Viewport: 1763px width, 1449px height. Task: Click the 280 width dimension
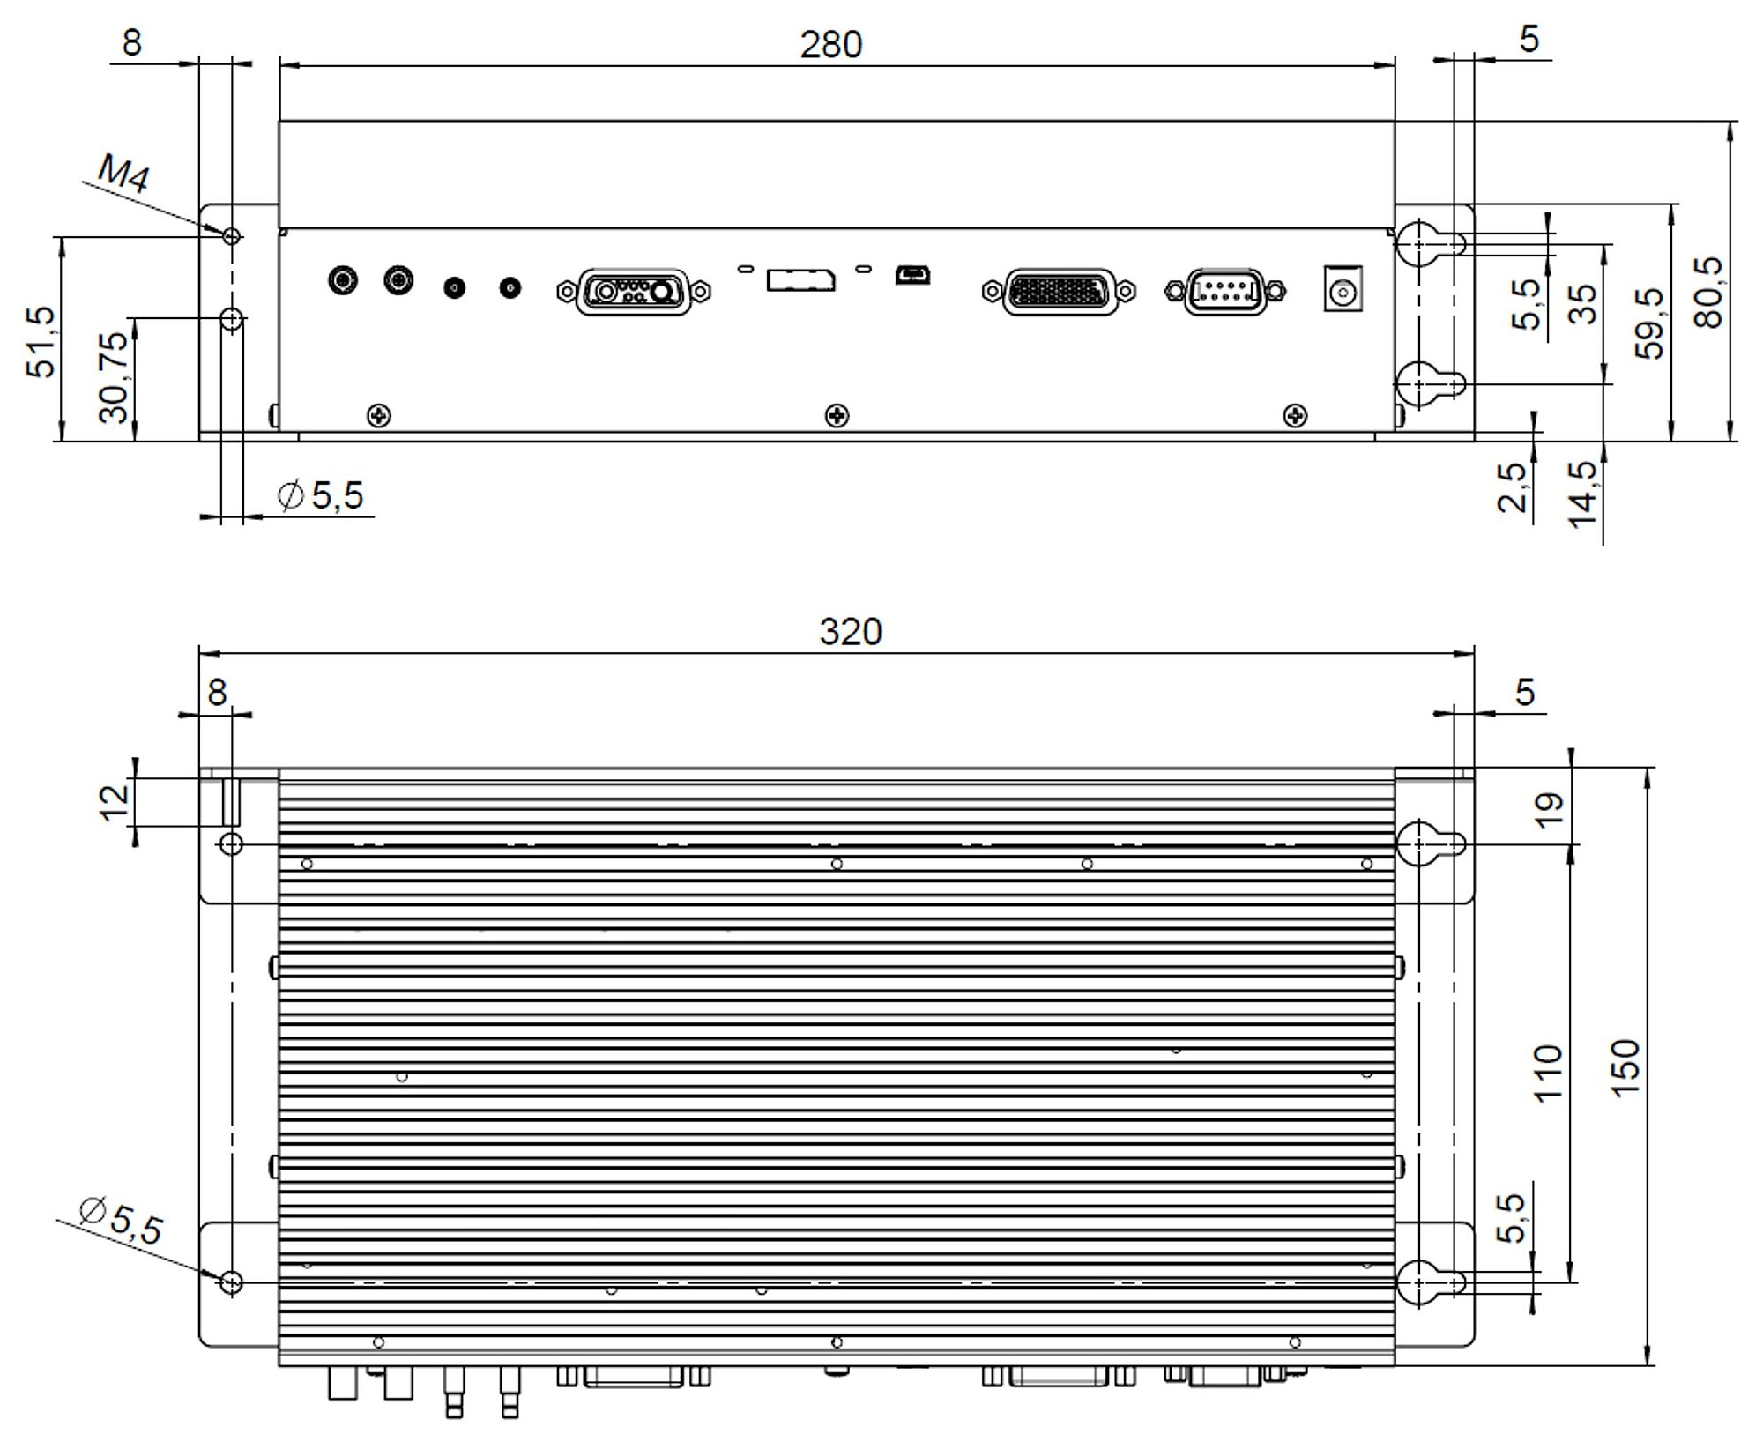pos(830,44)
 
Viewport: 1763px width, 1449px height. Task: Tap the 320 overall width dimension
pos(850,632)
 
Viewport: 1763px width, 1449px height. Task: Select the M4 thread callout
pos(123,173)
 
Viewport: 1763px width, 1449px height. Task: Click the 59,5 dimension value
pos(1650,323)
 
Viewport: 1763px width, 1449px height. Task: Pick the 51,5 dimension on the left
pos(41,343)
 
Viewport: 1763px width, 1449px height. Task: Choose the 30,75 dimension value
pos(115,377)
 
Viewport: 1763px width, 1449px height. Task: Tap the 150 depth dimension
pos(1625,1067)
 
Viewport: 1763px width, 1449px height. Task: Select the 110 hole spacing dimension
pos(1548,1073)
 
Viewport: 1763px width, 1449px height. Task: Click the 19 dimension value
pos(1550,810)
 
